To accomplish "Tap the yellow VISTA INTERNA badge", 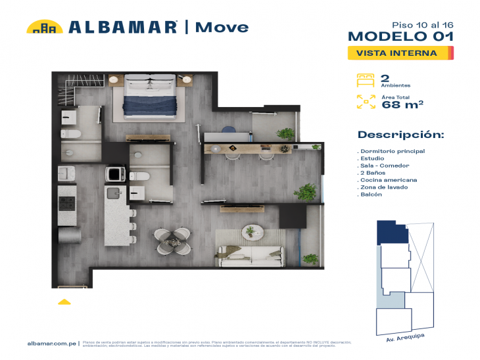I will click(x=400, y=53).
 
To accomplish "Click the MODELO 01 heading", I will click(x=400, y=37).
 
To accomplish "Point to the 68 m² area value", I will click(x=402, y=104).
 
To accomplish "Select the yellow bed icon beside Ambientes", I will click(x=366, y=80).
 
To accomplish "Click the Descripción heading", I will click(x=400, y=135).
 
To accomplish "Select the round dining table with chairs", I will click(x=173, y=240).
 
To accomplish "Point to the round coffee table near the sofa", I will click(x=250, y=231).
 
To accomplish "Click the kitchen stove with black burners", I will click(x=66, y=204).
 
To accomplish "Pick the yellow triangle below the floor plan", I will click(x=64, y=302).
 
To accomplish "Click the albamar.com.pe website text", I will click(x=53, y=344).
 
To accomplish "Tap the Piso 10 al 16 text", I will click(x=427, y=24).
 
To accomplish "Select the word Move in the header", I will click(x=222, y=27).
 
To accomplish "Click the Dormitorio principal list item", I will click(x=393, y=151).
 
